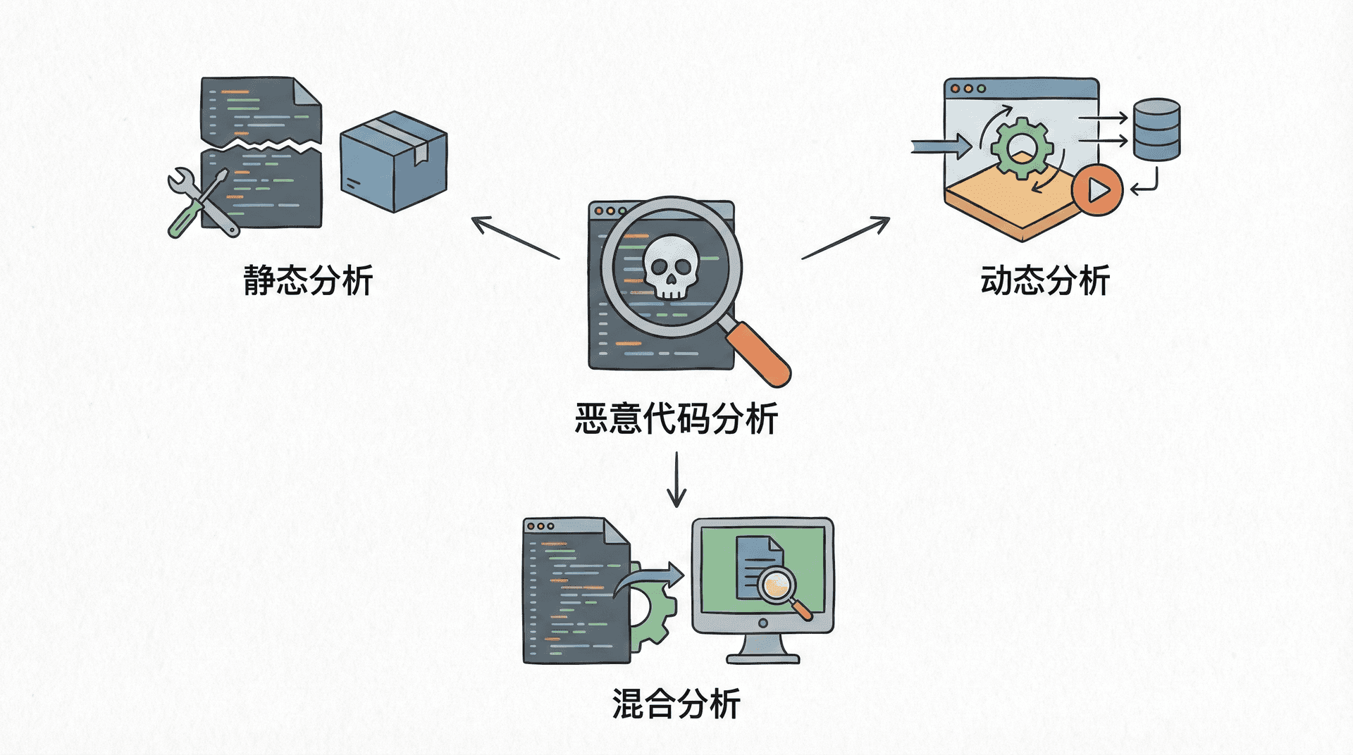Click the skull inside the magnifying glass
click(x=670, y=268)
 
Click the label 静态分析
click(x=308, y=280)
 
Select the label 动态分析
click(x=1045, y=280)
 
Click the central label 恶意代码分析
click(x=676, y=419)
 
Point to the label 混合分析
click(x=676, y=704)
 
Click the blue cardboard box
click(x=393, y=162)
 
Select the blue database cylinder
click(x=1156, y=130)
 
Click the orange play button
click(x=1096, y=190)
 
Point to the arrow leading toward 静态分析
click(x=514, y=238)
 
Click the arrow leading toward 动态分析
click(x=846, y=238)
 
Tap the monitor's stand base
click(x=763, y=658)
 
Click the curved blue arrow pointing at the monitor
click(x=652, y=578)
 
